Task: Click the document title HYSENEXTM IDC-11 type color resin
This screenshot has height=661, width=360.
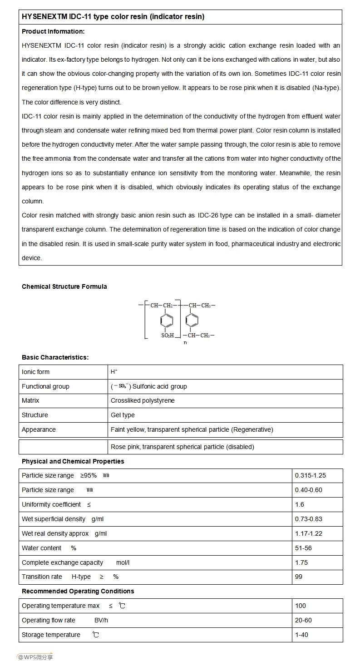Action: click(113, 17)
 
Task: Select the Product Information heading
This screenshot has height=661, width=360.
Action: click(53, 31)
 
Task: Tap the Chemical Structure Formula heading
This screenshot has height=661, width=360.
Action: click(64, 286)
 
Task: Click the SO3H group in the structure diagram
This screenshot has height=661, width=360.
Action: click(168, 335)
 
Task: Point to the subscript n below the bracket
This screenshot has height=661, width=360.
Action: click(185, 342)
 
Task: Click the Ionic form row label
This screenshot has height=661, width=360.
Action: click(36, 372)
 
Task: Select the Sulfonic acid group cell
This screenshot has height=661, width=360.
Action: click(149, 386)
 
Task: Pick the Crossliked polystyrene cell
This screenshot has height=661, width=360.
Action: click(143, 400)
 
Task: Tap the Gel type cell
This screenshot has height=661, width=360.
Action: click(123, 415)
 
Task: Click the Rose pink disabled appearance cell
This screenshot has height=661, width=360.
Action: click(182, 447)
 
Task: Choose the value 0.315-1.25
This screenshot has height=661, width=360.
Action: click(311, 475)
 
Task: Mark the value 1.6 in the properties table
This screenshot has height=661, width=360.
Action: click(300, 504)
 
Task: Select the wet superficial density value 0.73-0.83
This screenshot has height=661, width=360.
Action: click(309, 519)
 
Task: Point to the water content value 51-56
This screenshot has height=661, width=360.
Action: click(303, 548)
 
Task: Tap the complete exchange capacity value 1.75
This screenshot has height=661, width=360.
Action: click(301, 562)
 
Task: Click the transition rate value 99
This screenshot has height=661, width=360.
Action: click(299, 577)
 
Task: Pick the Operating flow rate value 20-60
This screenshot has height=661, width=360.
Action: click(303, 620)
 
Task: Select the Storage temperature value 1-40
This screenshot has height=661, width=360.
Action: click(301, 635)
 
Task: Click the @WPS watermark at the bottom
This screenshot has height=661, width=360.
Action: click(35, 656)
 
